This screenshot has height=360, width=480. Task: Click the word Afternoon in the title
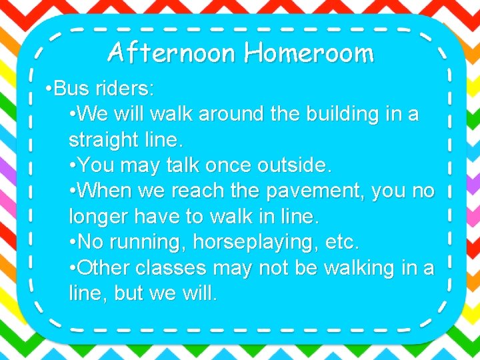[172, 52]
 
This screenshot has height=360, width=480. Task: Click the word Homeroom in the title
[309, 52]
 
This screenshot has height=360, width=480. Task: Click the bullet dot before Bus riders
[49, 89]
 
